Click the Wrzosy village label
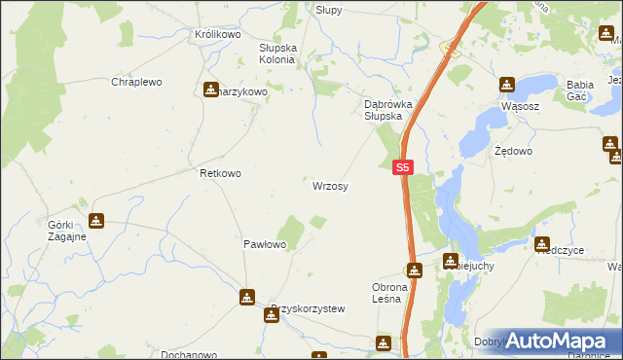pos(331,185)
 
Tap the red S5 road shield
pos(405,167)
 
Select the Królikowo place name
pos(217,34)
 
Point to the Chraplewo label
pos(136,83)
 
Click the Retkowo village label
pos(220,173)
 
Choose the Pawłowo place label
pos(264,244)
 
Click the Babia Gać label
pos(587,90)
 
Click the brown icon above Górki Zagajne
pos(95,221)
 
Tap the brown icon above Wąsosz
pos(506,85)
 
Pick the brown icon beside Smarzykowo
pos(211,90)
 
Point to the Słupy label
pos(329,9)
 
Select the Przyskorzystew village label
pos(309,309)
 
